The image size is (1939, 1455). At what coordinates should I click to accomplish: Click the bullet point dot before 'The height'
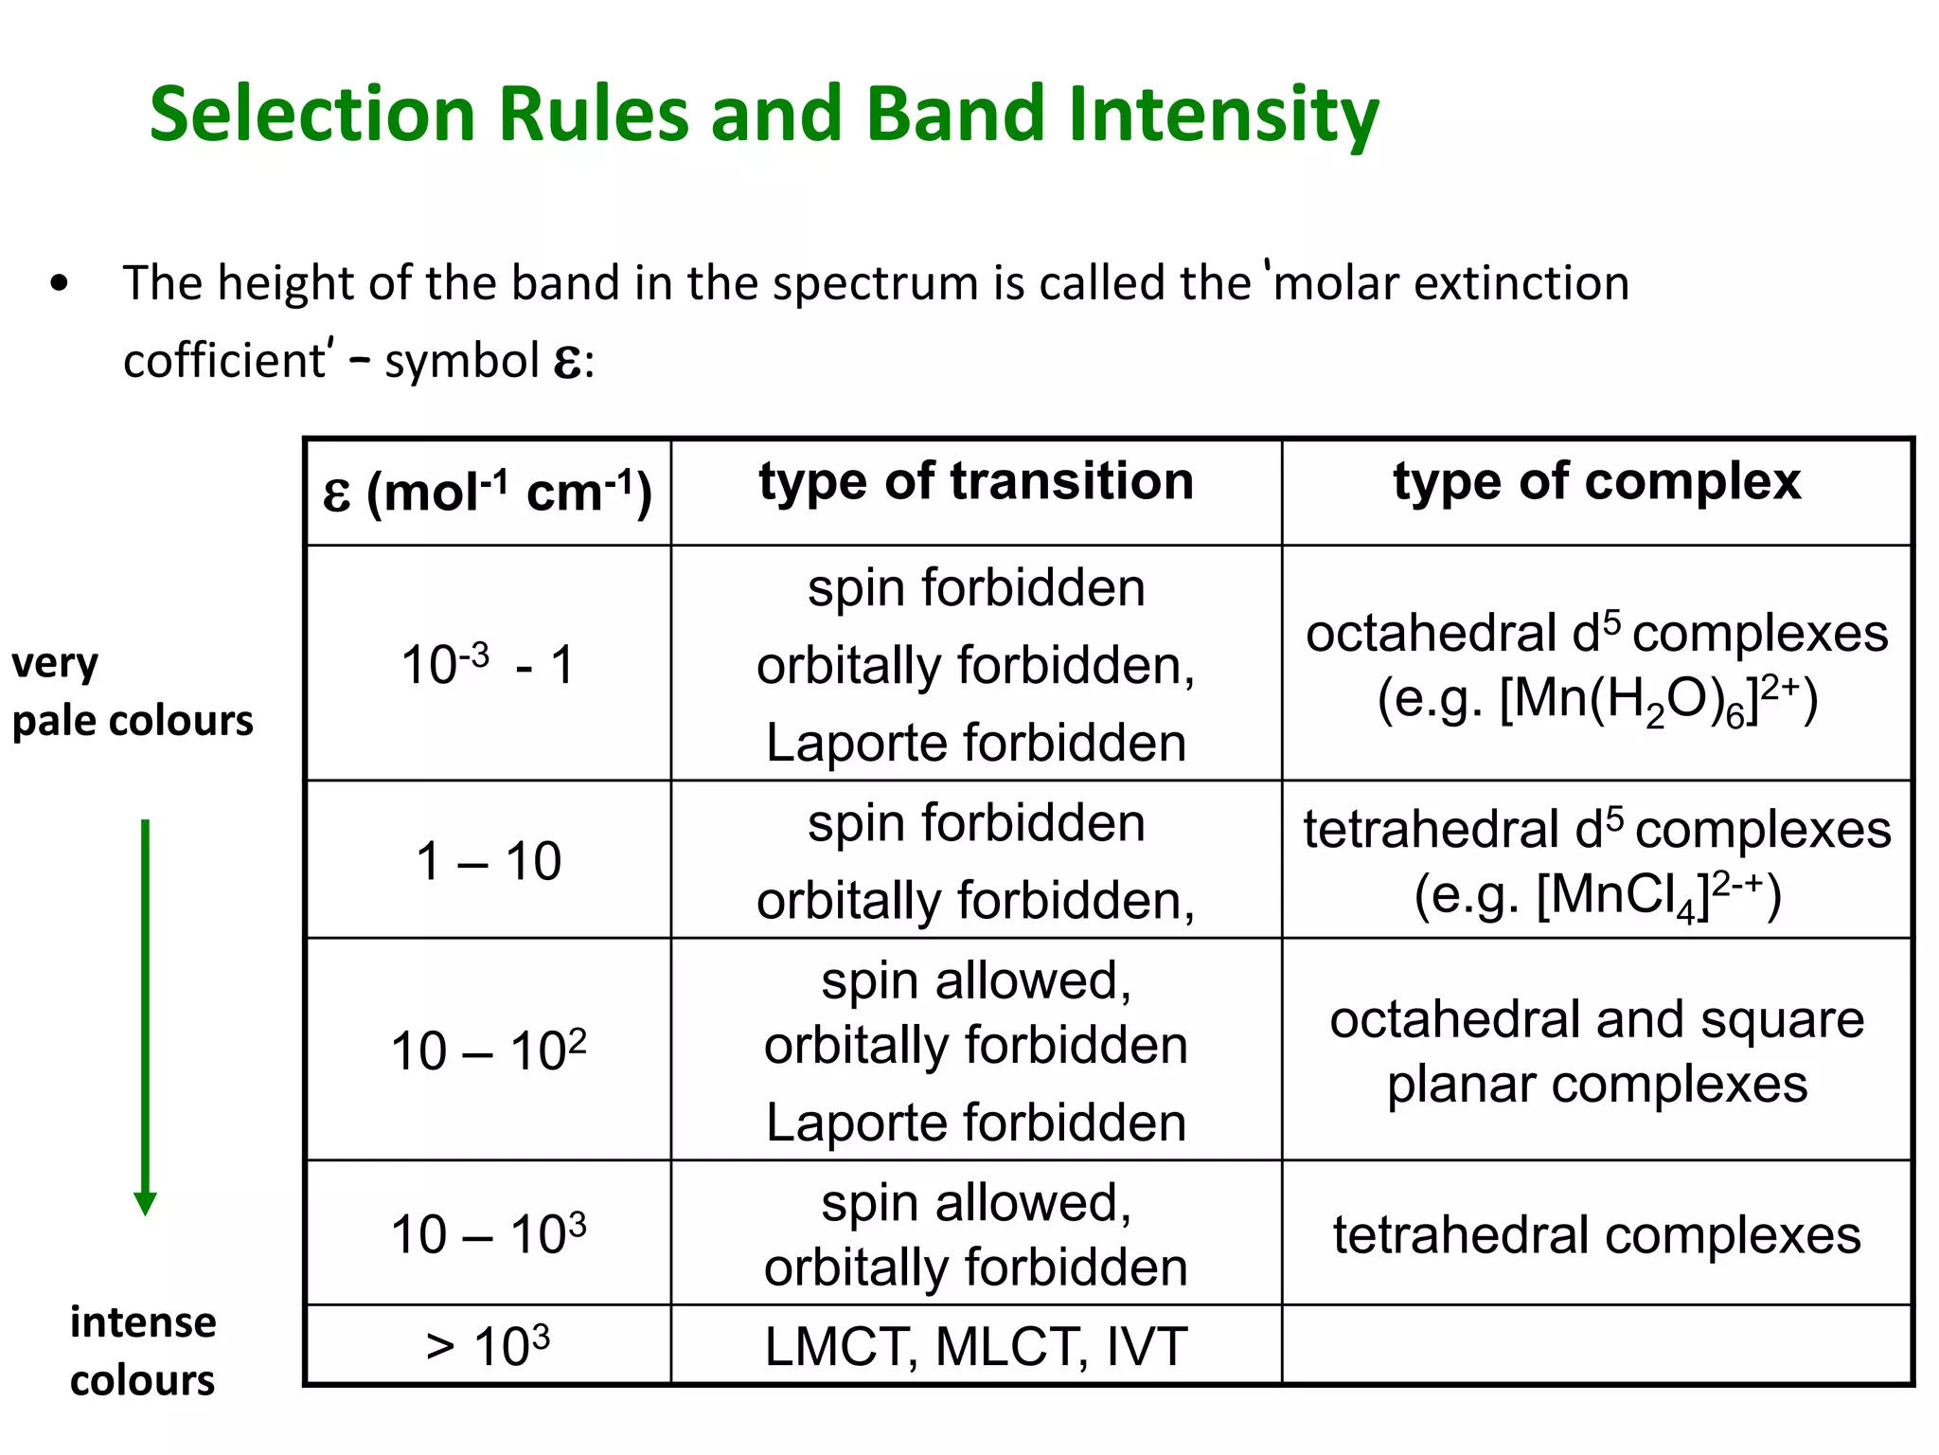pyautogui.click(x=60, y=283)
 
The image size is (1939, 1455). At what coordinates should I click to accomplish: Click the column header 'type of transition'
pyautogui.click(x=976, y=482)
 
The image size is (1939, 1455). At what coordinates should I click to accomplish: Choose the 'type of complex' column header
pyautogui.click(x=1596, y=482)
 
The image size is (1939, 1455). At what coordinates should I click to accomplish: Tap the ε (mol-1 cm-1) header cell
pyautogui.click(x=488, y=493)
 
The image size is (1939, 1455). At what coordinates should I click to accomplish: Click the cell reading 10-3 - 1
pyautogui.click(x=488, y=665)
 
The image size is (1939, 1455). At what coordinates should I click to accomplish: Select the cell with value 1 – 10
pyautogui.click(x=488, y=861)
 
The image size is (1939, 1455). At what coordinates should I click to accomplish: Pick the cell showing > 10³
pyautogui.click(x=488, y=1346)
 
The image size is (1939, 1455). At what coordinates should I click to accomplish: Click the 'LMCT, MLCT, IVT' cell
pyautogui.click(x=975, y=1346)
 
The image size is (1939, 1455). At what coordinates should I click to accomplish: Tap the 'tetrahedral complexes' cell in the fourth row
pyautogui.click(x=1596, y=1235)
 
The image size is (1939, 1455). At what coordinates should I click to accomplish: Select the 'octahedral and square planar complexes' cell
pyautogui.click(x=1596, y=1051)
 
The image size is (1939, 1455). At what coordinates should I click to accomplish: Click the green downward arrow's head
pyautogui.click(x=145, y=1203)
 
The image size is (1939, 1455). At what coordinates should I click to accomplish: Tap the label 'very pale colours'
pyautogui.click(x=132, y=692)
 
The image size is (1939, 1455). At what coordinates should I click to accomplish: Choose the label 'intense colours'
pyautogui.click(x=143, y=1351)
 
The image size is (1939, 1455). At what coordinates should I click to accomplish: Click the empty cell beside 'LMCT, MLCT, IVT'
pyautogui.click(x=1596, y=1346)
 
